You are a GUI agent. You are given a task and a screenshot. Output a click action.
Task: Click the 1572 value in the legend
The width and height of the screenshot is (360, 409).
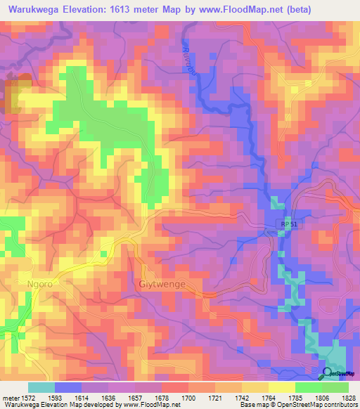coord(28,398)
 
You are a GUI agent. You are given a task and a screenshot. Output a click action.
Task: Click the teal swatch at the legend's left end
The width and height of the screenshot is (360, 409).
coord(41,387)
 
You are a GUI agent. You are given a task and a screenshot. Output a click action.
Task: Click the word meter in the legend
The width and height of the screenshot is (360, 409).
coord(10,398)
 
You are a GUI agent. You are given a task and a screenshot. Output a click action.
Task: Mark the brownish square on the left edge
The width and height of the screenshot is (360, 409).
coord(13,96)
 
